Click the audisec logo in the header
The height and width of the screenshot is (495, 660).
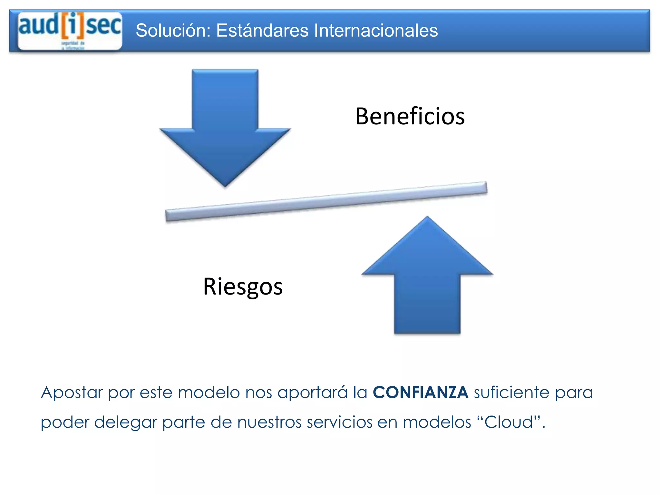70,31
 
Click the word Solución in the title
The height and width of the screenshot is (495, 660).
173,31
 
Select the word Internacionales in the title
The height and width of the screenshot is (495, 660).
376,31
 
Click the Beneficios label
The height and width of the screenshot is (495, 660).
410,116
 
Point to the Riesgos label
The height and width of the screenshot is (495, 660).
243,286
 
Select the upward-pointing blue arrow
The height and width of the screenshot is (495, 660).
427,277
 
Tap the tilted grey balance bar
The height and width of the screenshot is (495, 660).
326,202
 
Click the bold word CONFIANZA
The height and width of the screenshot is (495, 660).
421,393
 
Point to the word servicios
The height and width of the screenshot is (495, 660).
339,422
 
